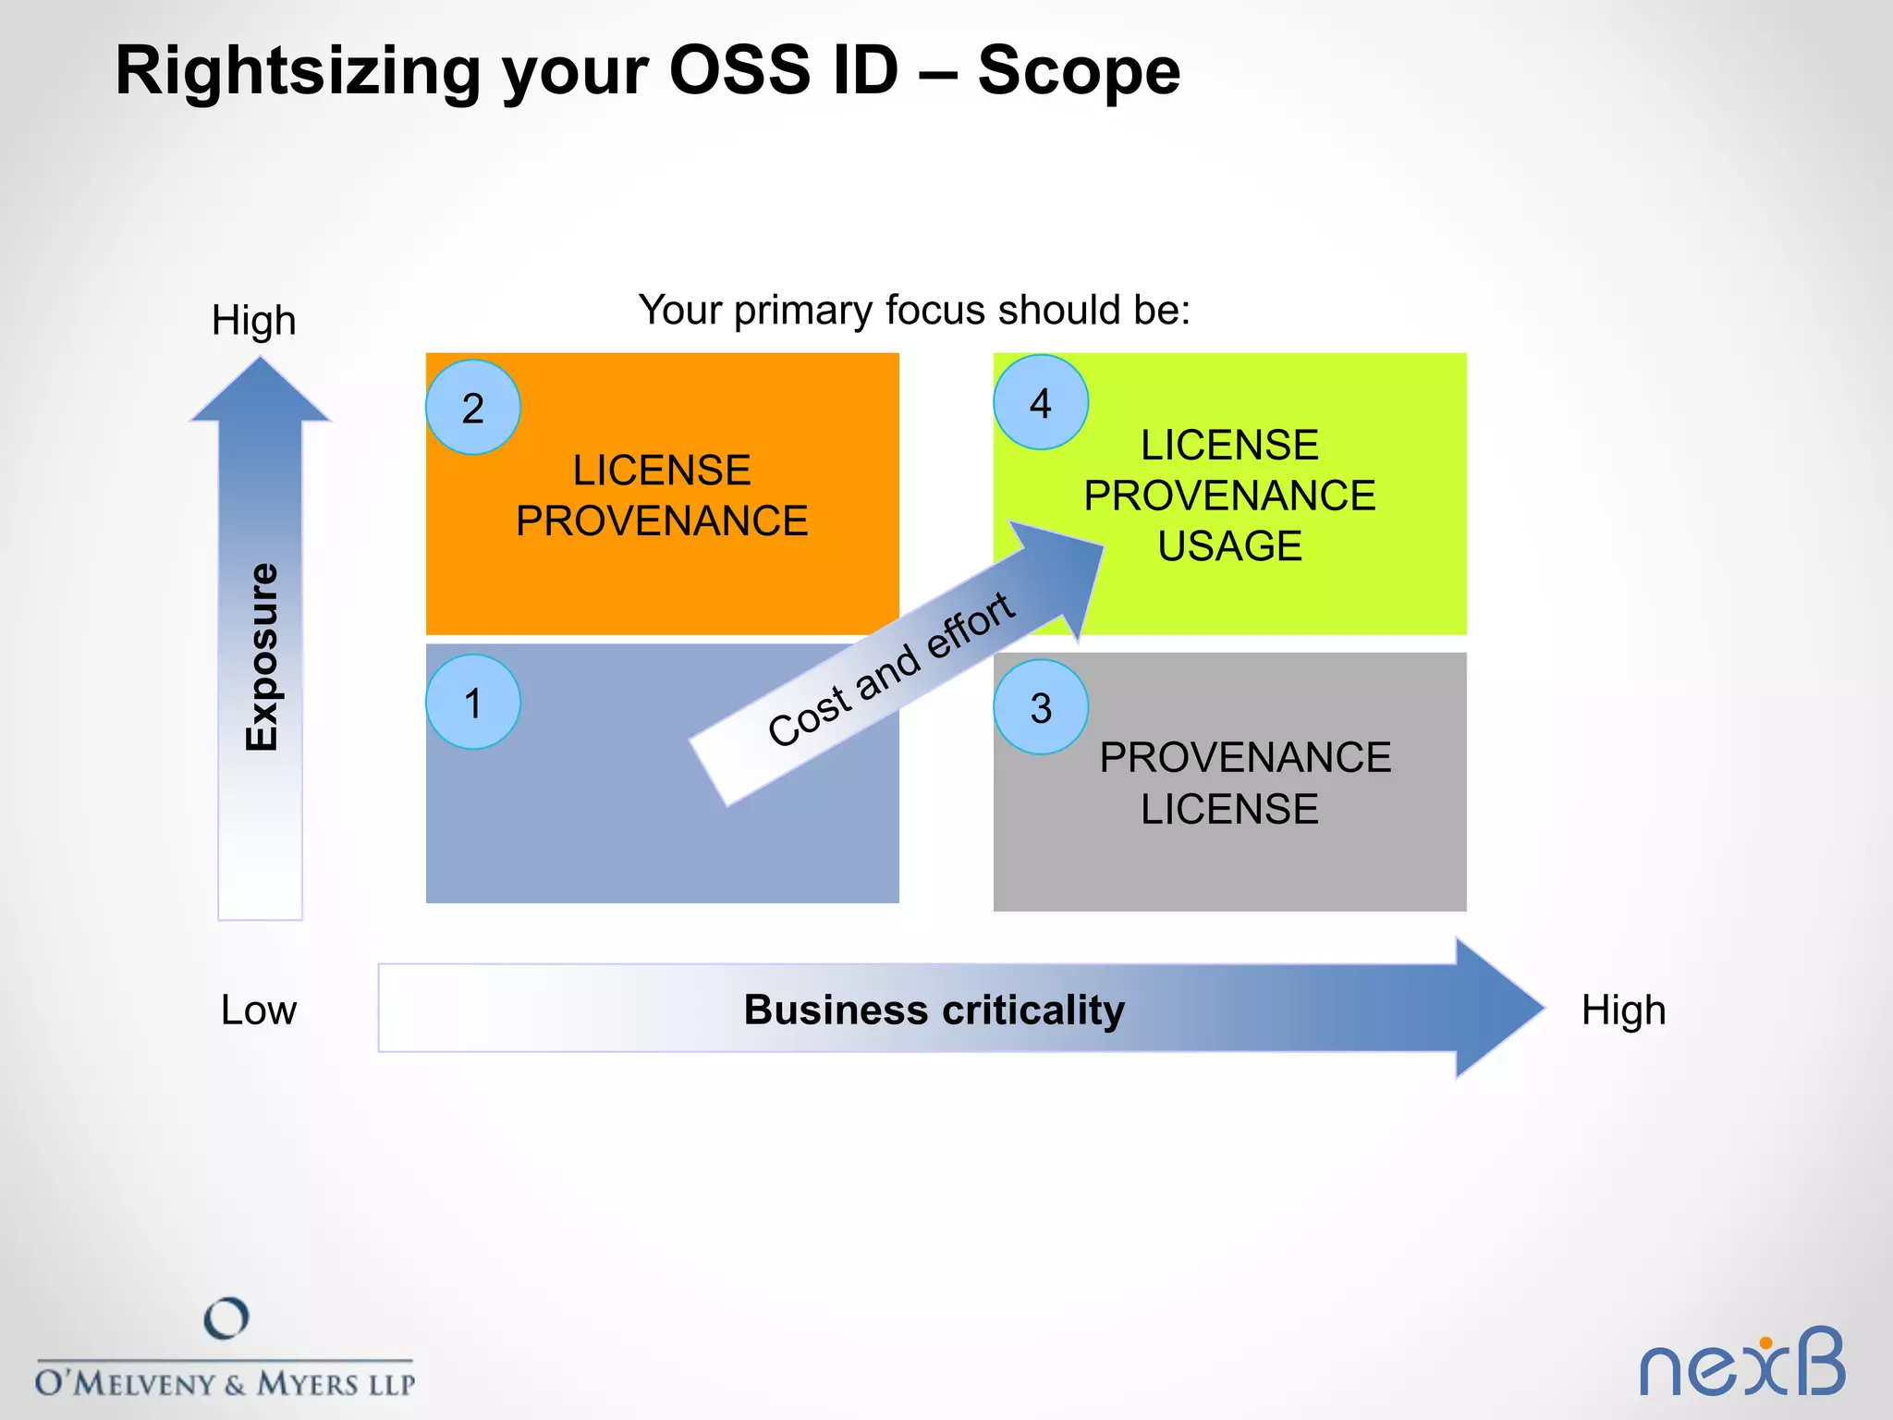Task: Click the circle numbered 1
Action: [472, 703]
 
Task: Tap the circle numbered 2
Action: [472, 408]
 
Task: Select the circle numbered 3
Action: [1041, 708]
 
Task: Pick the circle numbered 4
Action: [1041, 403]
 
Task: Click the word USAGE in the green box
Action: [1229, 545]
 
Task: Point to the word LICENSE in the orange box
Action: [662, 471]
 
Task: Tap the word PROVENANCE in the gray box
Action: [1245, 758]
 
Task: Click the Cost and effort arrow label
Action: [891, 669]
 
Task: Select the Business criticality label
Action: [934, 1010]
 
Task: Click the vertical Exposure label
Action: [262, 656]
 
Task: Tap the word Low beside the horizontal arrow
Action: [259, 1010]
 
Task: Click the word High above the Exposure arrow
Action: [254, 321]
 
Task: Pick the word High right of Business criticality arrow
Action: [1623, 1010]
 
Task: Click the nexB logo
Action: [1741, 1364]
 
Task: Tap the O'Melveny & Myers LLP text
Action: [226, 1384]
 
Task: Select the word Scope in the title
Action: [1079, 70]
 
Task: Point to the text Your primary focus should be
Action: [913, 310]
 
